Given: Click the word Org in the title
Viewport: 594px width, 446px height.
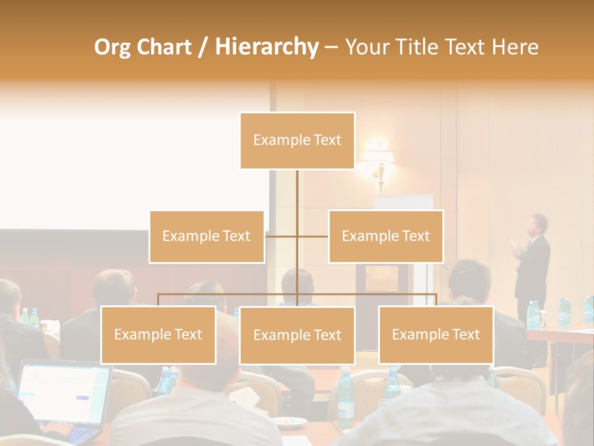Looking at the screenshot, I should tap(112, 47).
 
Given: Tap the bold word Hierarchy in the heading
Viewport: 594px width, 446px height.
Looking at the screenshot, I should tap(267, 47).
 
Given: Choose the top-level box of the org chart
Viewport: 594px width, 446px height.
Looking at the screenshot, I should tap(297, 141).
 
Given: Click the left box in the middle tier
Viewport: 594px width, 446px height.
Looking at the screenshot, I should tap(207, 236).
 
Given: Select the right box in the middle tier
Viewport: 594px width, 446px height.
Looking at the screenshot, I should tap(385, 236).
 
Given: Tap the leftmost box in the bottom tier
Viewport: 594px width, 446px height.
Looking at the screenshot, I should tap(158, 334).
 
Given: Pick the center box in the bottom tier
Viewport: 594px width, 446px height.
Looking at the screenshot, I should tap(297, 335).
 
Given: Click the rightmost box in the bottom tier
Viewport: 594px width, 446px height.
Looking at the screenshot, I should tap(436, 334).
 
